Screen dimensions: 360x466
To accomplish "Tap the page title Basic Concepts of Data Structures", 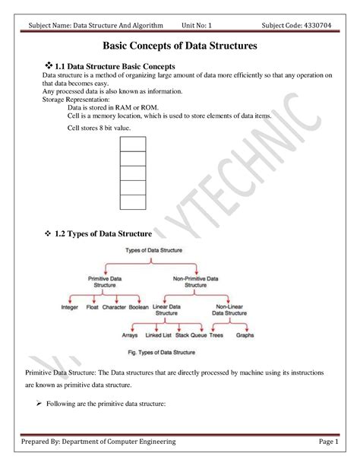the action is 179,46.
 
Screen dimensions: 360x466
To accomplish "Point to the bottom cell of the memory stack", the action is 132,201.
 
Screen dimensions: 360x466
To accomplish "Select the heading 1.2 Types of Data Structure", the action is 103,233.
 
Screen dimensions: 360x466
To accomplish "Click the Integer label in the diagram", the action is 70,308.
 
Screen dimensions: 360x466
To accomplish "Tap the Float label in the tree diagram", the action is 93,308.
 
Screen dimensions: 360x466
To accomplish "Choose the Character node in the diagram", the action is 114,308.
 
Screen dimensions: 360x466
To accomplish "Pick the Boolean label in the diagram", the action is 139,308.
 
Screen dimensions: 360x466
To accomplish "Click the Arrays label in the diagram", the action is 131,334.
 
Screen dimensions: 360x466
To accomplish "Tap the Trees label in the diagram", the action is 216,334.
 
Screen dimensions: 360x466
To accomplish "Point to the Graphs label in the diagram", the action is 245,334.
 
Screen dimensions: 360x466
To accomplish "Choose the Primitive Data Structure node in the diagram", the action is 105,282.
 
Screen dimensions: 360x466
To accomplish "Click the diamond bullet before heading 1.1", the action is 49,67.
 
